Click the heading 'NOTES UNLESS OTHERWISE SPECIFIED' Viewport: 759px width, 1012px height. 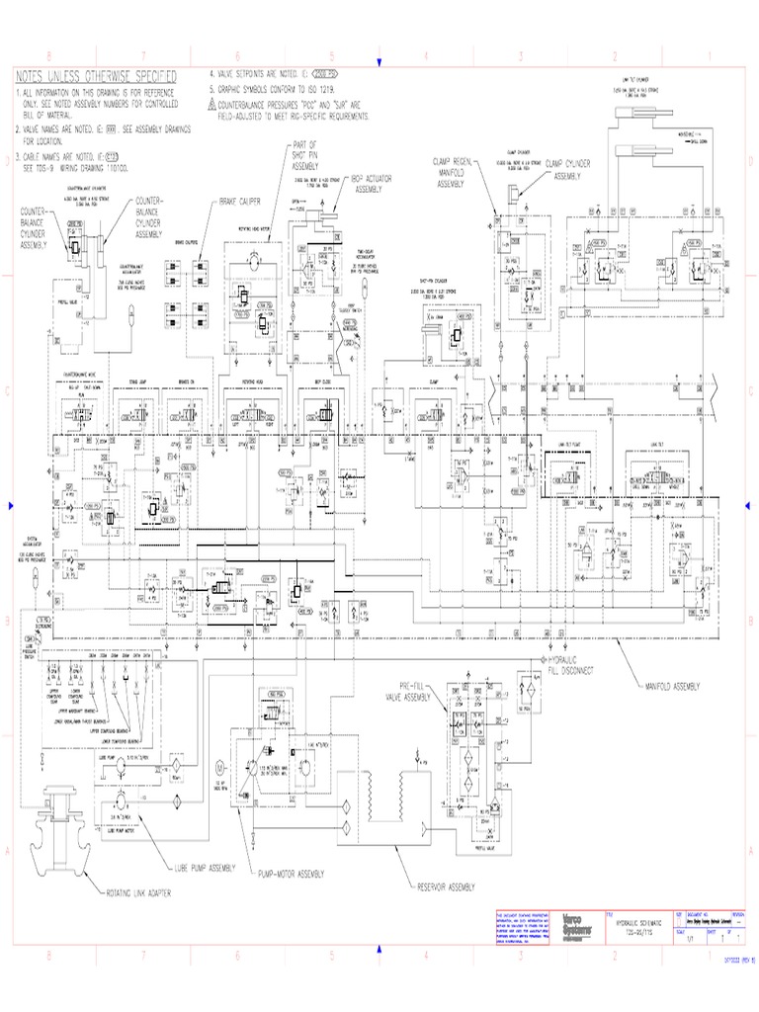(96, 77)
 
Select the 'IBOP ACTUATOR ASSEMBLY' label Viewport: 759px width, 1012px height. (368, 184)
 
